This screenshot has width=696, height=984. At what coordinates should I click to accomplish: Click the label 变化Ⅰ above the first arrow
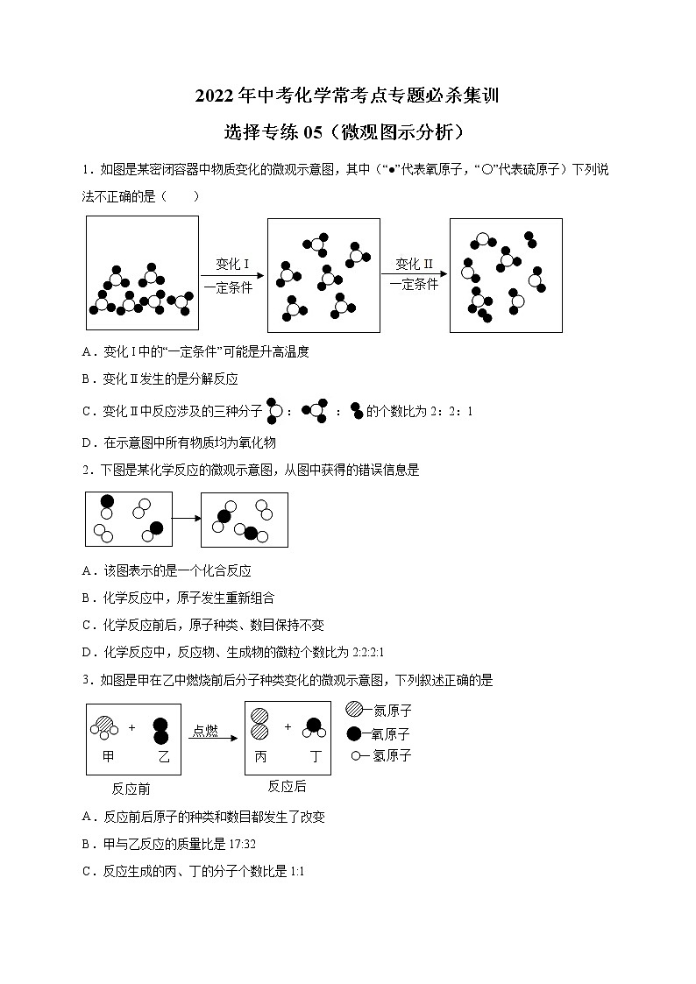coord(232,264)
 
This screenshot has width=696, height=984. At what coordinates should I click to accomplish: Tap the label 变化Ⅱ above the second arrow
coord(414,264)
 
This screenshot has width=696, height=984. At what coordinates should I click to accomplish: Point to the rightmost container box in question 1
coord(505,275)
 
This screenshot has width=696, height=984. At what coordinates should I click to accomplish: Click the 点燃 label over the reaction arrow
coord(205,731)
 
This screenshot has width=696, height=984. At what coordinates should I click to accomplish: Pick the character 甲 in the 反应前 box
coord(108,755)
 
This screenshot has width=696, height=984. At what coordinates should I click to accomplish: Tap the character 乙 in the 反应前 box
coord(162,755)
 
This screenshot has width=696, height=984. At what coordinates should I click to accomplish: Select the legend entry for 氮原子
coord(378,711)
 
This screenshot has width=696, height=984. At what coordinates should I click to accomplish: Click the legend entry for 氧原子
coord(378,733)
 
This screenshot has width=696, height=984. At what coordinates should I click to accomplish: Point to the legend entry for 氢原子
coord(380,755)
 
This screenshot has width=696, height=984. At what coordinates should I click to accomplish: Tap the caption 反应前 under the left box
coord(131,789)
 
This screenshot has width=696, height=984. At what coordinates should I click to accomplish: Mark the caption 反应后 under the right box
coord(287,786)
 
